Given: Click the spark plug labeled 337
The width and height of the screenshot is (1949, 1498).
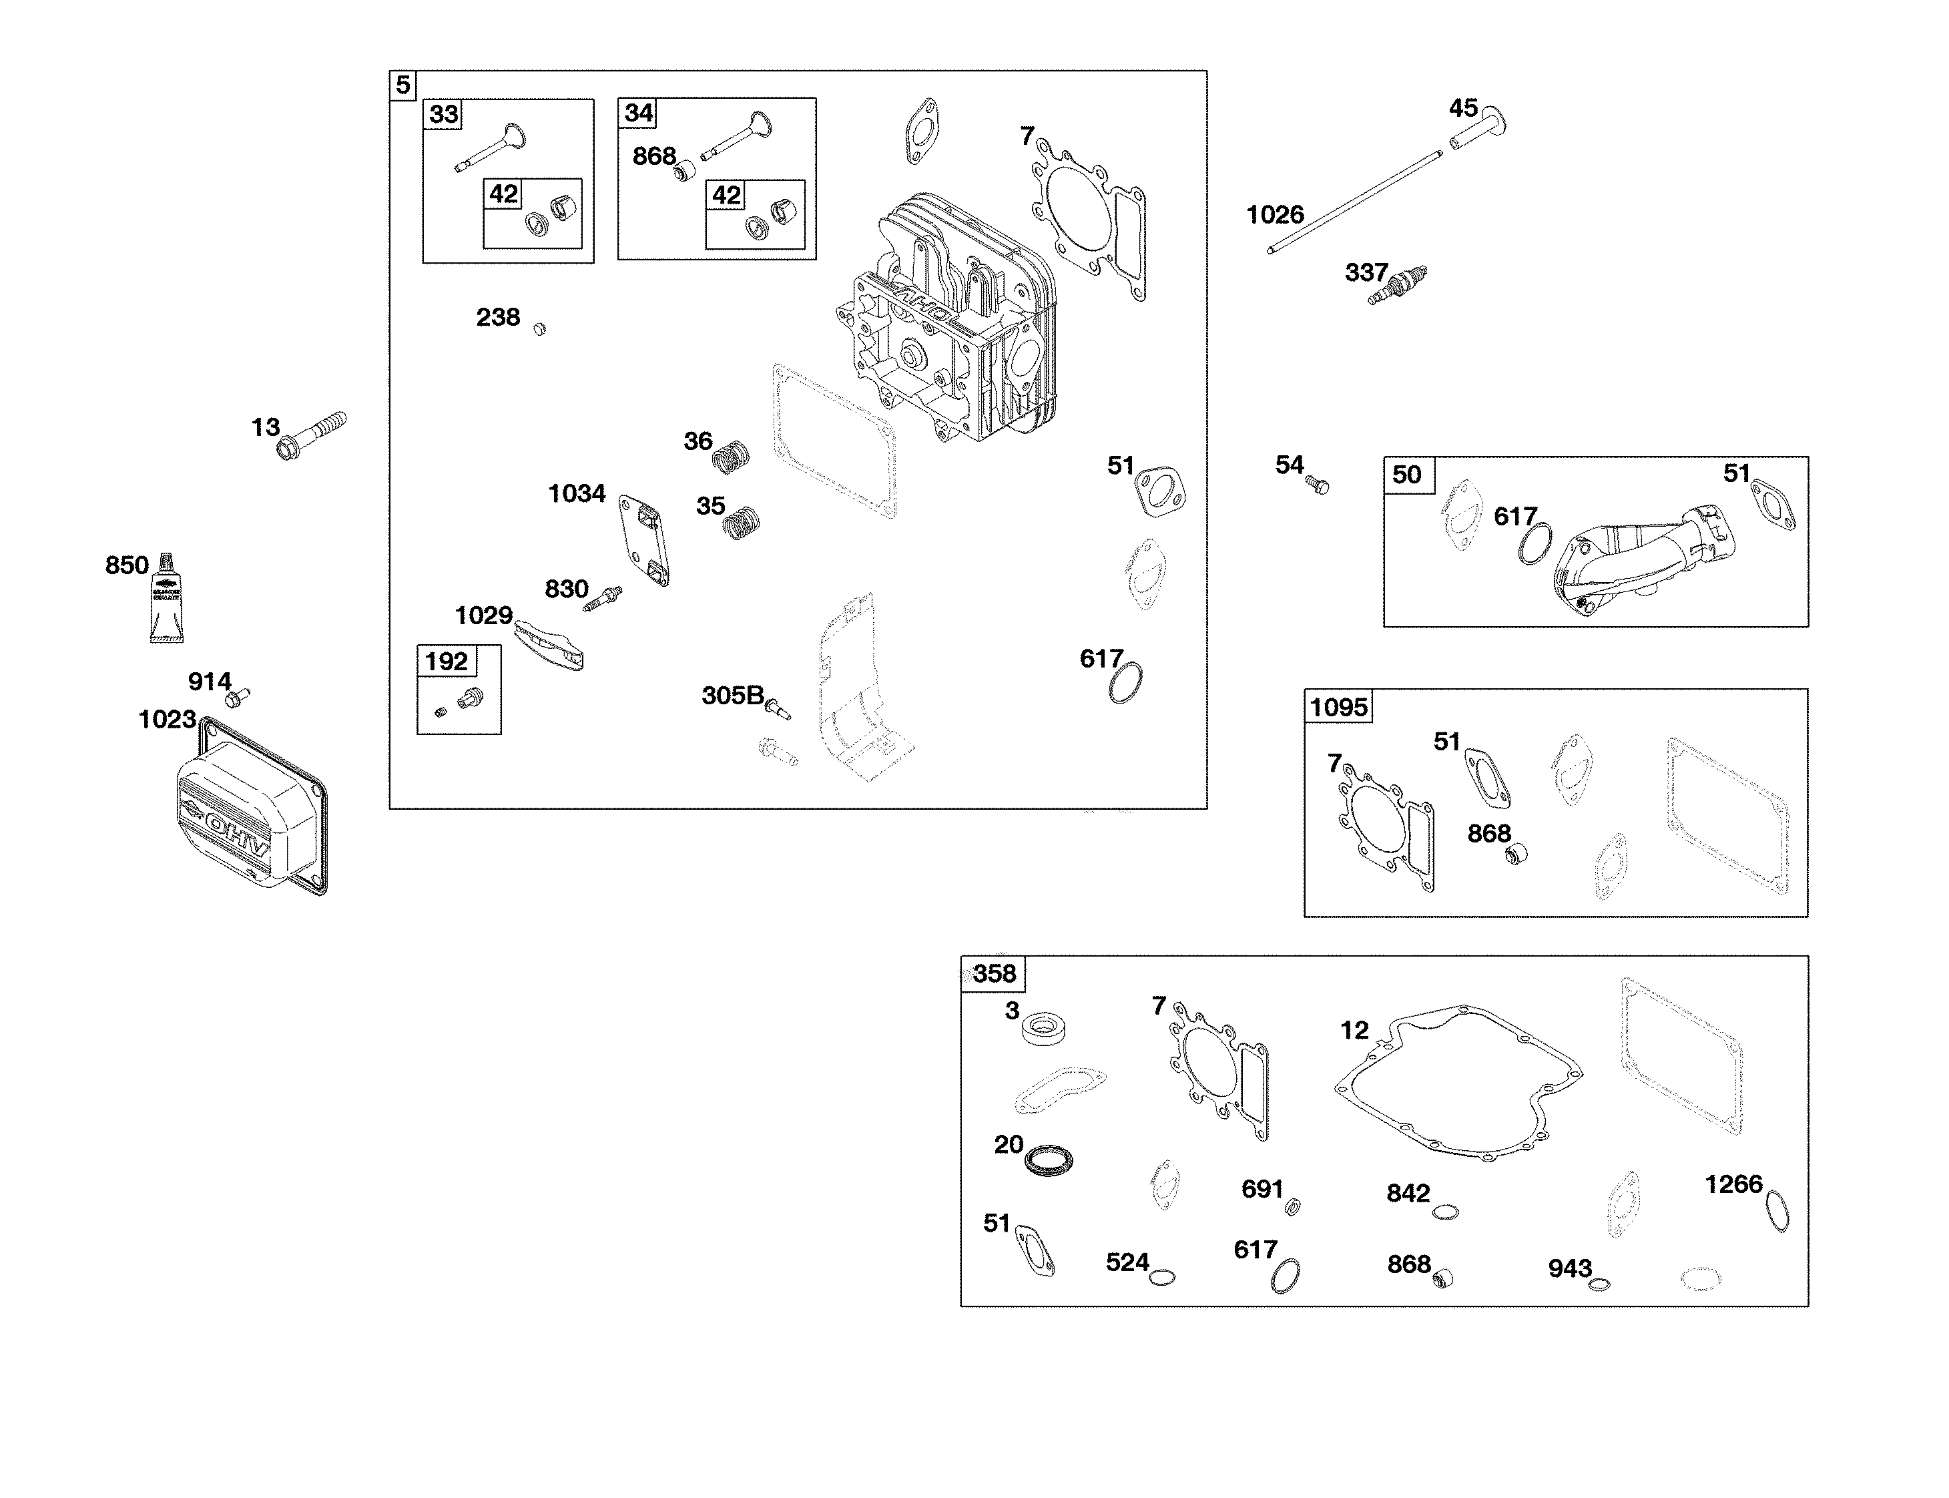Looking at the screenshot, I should click(x=1398, y=284).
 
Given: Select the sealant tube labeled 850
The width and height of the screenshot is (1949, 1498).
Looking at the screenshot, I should click(x=166, y=600).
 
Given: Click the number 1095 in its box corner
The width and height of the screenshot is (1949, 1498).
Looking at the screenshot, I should click(x=1338, y=707).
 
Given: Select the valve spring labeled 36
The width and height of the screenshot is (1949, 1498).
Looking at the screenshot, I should click(x=730, y=456).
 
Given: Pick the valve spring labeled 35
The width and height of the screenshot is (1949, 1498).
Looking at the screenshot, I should click(x=741, y=523).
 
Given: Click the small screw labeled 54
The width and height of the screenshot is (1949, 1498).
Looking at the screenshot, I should click(x=1317, y=485).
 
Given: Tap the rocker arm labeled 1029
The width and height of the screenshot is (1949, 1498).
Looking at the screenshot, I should click(x=549, y=646).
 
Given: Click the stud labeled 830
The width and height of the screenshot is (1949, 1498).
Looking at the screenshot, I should click(x=603, y=598).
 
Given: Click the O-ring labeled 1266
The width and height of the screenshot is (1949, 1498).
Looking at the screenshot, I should click(x=1776, y=1212).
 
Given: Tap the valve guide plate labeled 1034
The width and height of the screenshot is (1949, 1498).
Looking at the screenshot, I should click(x=643, y=540).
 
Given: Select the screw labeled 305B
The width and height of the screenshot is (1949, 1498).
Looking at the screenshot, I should click(x=778, y=710).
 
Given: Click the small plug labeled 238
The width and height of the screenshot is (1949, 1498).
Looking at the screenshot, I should click(x=539, y=329).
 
